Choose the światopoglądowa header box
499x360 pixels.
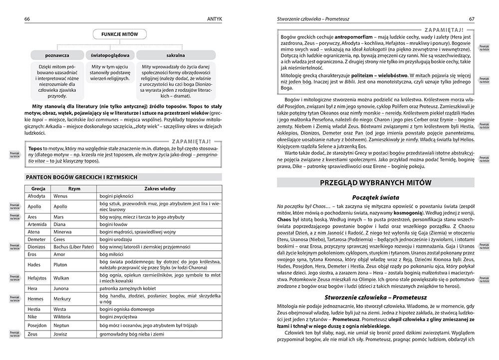coord(109,53)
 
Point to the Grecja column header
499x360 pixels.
coord(38,189)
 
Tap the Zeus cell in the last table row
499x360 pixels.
coord(33,334)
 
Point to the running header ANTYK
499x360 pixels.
coord(213,19)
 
